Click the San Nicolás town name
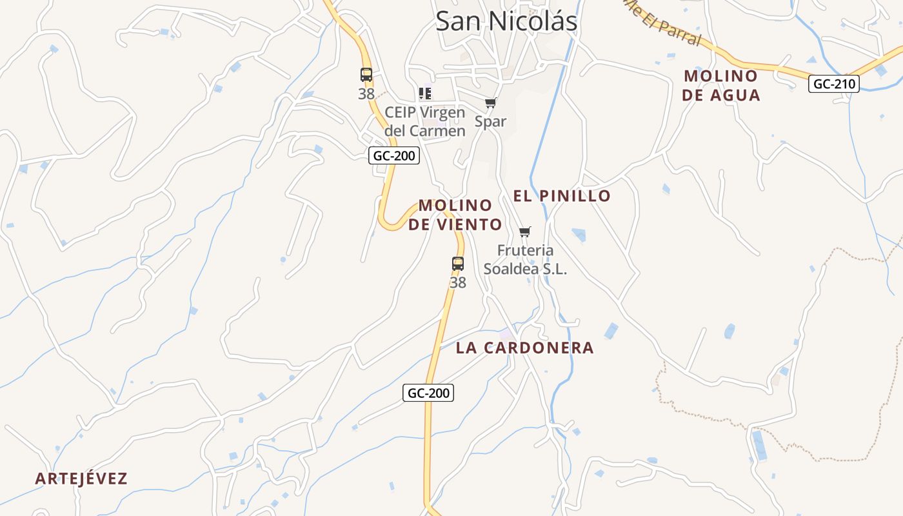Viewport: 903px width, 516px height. coord(506,21)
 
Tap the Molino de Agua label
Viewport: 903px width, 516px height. coord(721,85)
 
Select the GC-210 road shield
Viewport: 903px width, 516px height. coord(834,84)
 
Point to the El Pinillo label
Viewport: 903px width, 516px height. coord(562,195)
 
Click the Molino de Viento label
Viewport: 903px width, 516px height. coord(455,215)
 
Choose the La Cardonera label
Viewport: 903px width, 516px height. coord(524,348)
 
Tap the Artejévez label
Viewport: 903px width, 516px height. coord(81,479)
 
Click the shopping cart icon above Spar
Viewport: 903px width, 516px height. coord(491,103)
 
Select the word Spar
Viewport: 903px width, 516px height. coord(491,121)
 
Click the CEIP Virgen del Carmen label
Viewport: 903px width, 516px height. coord(425,121)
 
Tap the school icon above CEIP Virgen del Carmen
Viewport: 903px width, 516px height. coord(425,94)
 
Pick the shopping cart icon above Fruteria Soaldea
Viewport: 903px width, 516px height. coord(525,232)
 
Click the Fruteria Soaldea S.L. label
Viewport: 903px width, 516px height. coord(525,259)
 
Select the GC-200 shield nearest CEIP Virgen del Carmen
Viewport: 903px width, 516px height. coord(394,155)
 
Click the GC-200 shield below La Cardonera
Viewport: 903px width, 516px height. coord(428,393)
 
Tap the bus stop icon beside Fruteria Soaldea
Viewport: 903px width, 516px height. coord(458,263)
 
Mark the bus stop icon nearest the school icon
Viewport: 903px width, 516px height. coord(366,75)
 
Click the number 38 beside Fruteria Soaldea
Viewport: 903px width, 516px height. coord(458,283)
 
